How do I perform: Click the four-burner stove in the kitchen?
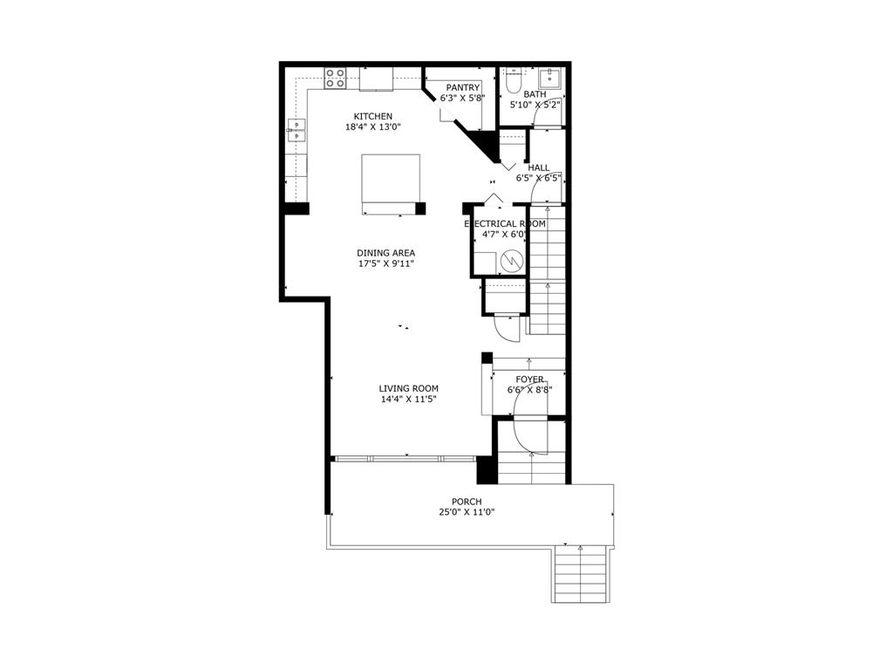(x=336, y=79)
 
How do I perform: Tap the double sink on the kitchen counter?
(x=297, y=130)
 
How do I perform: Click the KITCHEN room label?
(x=372, y=116)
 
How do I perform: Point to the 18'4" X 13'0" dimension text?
(x=372, y=127)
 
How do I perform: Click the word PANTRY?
(x=462, y=87)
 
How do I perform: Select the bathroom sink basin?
(x=550, y=77)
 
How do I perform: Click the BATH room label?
(x=535, y=93)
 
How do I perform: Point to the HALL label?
(x=538, y=167)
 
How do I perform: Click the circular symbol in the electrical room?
(x=512, y=260)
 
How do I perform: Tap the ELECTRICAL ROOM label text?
(x=505, y=223)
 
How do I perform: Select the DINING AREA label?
(x=385, y=253)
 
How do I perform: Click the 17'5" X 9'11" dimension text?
(x=385, y=263)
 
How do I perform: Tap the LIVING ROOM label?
(x=408, y=388)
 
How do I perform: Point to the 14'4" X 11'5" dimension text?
(x=408, y=400)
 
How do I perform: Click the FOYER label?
(x=529, y=379)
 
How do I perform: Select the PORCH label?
(x=467, y=502)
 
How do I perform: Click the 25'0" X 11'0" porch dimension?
(x=467, y=513)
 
